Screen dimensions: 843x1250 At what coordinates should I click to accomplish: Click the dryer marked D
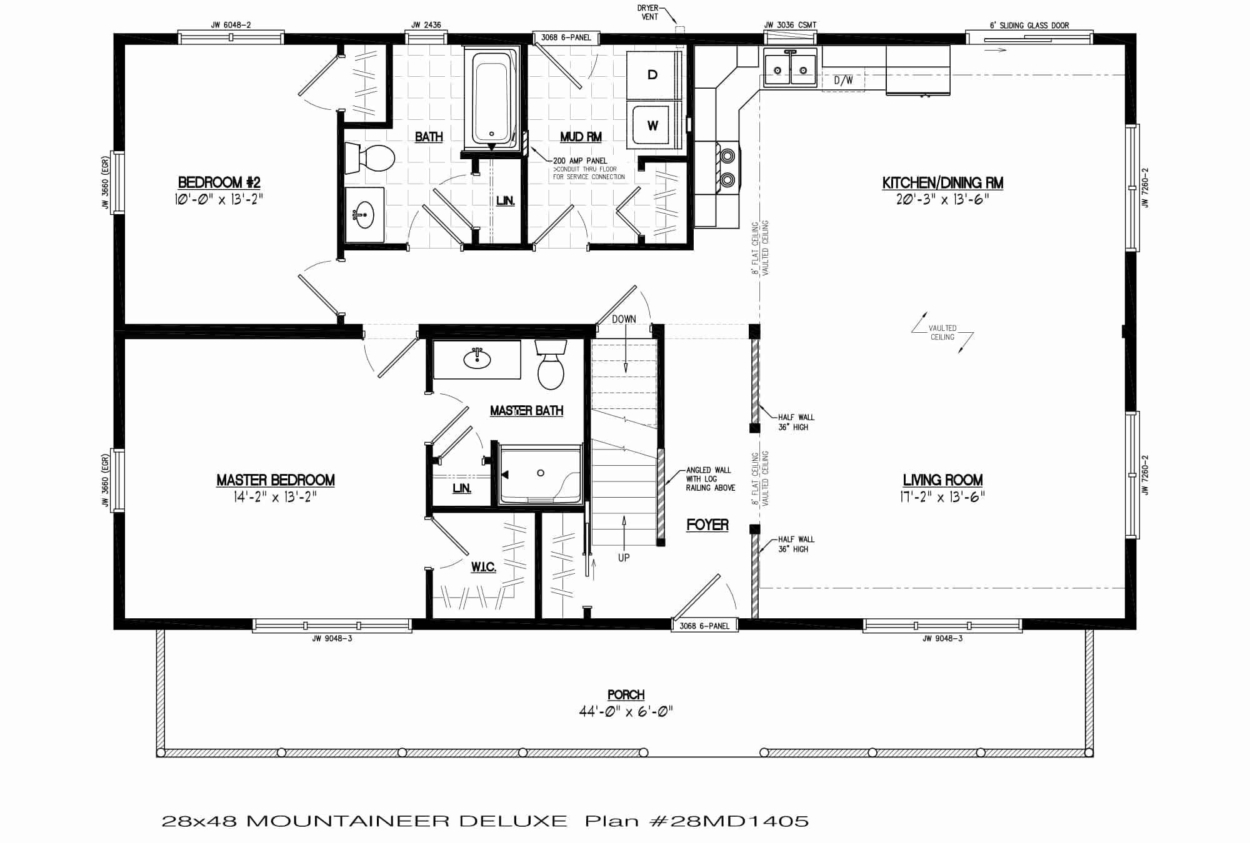click(652, 75)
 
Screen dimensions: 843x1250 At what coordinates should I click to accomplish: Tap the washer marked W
click(652, 126)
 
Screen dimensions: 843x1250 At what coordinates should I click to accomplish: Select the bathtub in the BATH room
click(491, 100)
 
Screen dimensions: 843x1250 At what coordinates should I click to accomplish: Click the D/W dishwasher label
click(843, 81)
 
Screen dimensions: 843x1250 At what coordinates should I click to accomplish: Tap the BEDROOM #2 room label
click(219, 182)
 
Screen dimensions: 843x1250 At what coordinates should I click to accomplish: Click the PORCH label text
click(626, 694)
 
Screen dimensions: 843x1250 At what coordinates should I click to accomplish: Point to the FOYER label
click(707, 525)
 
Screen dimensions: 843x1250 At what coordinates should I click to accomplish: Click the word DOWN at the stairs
click(624, 319)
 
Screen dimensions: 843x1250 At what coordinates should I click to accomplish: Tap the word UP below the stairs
click(624, 558)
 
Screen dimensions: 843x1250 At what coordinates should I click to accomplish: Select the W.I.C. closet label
click(483, 567)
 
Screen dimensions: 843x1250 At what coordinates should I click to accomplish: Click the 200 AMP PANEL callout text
click(579, 160)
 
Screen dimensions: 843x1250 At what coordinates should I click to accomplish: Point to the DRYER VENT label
click(649, 12)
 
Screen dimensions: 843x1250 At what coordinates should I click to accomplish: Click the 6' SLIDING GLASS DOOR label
click(1029, 26)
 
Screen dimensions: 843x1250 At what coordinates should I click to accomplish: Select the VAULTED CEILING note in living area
click(942, 332)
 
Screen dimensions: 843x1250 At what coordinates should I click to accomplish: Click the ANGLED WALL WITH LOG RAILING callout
click(710, 479)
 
